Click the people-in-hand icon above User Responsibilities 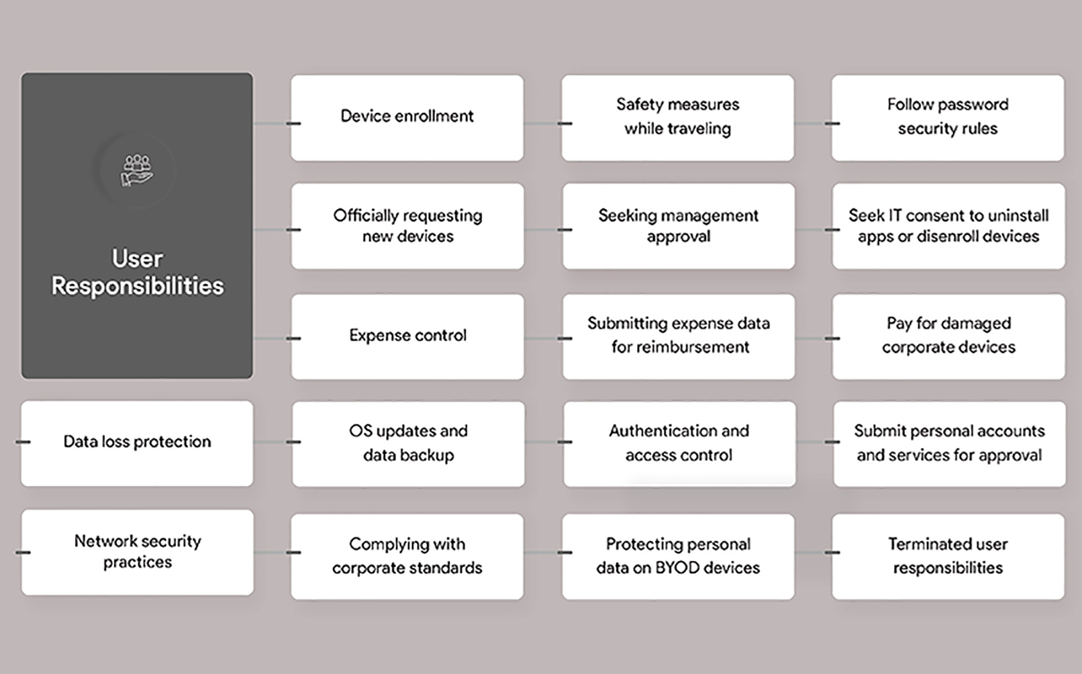pos(137,170)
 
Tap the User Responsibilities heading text pos(138,272)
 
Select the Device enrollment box pos(407,118)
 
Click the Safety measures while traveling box pos(678,118)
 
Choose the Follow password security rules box pos(948,118)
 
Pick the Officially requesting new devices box pos(407,226)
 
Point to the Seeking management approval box pos(679,226)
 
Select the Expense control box pos(407,337)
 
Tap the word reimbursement pos(681,347)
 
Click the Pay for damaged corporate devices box pos(948,337)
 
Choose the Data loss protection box pos(137,444)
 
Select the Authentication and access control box pos(679,444)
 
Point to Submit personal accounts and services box pos(950,444)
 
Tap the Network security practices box pos(137,552)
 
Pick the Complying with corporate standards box pos(407,557)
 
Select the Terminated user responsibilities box pos(948,557)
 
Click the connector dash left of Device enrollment pos(293,124)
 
